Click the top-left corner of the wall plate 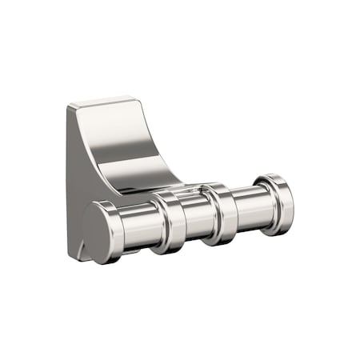coord(70,108)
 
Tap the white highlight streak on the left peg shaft coord(136,216)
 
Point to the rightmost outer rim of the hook coord(292,204)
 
